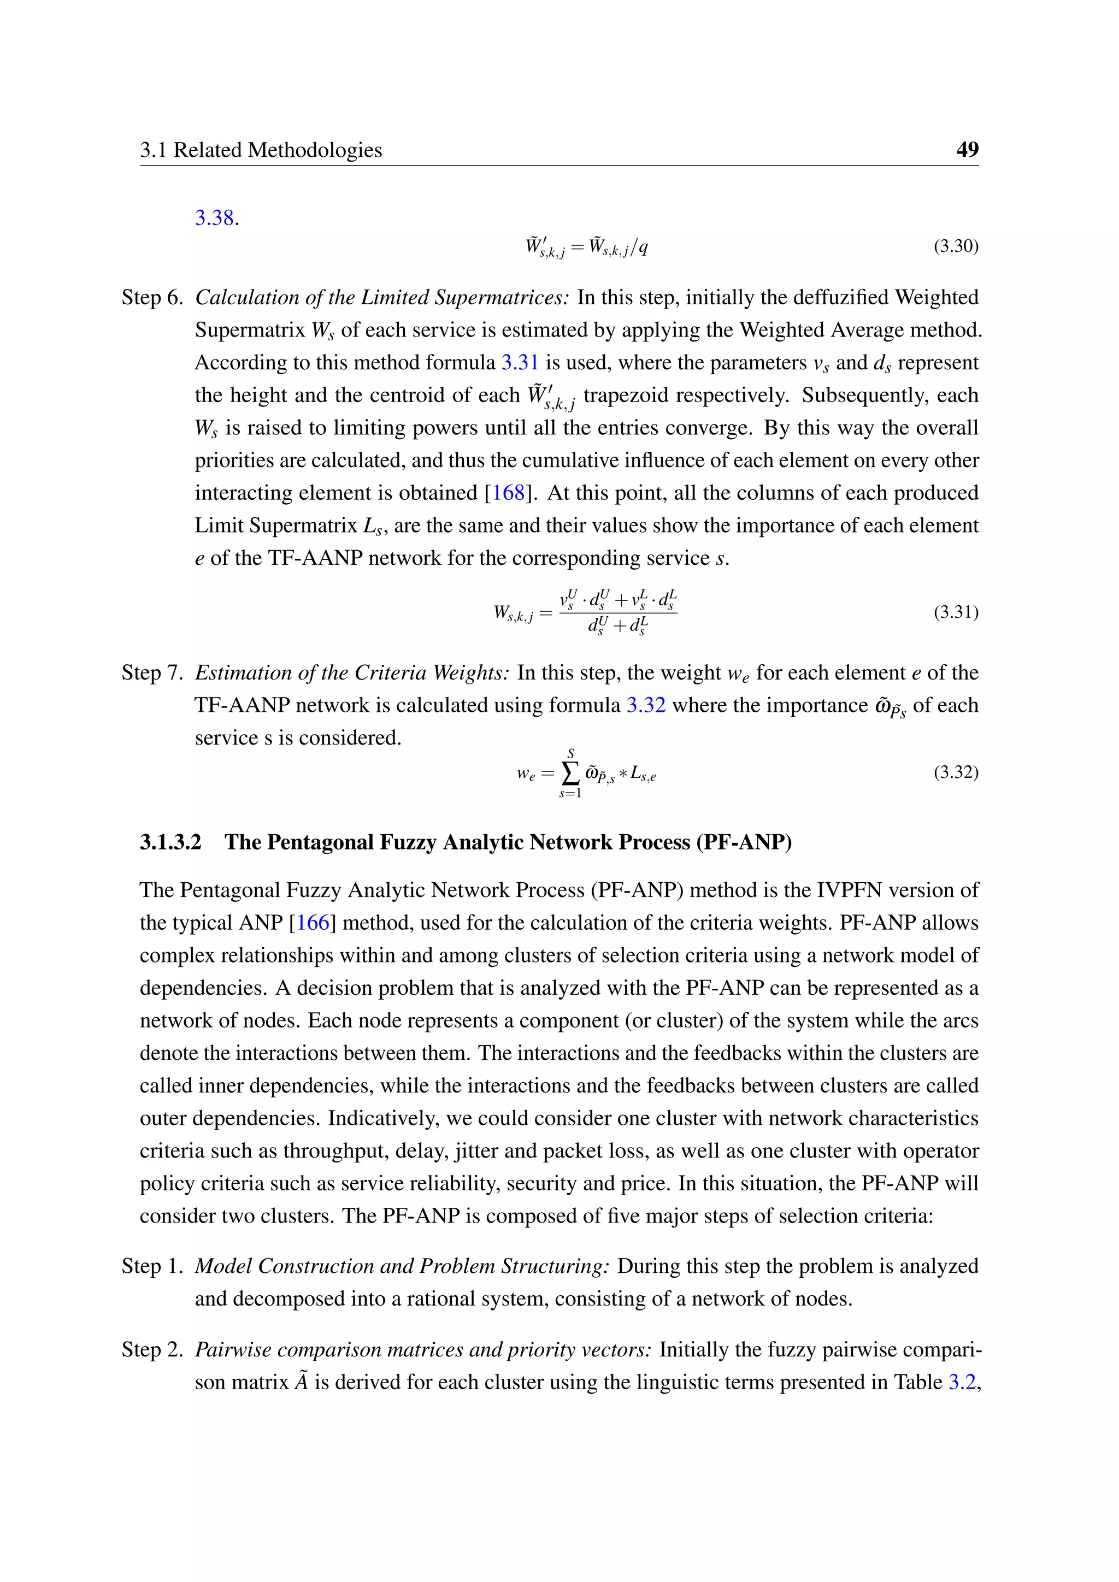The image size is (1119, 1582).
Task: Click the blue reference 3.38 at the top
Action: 214,219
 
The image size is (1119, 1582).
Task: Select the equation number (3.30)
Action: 956,246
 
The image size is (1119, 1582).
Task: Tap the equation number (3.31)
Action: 956,612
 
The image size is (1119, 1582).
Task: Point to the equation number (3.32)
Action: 956,772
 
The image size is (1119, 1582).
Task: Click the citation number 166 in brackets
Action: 313,923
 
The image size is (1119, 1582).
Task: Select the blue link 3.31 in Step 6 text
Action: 519,362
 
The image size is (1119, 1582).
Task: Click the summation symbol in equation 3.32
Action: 570,774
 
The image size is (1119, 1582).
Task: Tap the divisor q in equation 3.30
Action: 643,247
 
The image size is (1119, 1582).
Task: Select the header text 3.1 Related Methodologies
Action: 261,150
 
